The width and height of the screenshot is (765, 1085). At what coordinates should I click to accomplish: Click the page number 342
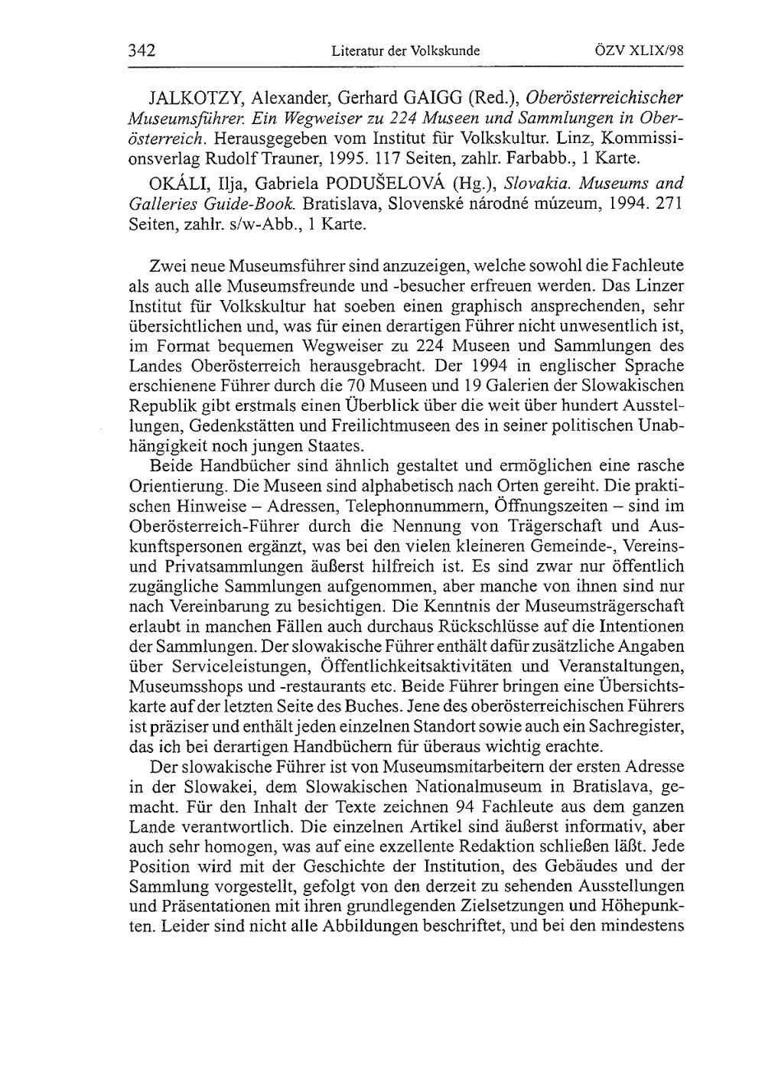click(x=142, y=51)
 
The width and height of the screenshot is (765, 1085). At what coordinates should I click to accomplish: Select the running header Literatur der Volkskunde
click(x=405, y=52)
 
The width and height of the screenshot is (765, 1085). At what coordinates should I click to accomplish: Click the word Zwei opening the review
click(x=171, y=267)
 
